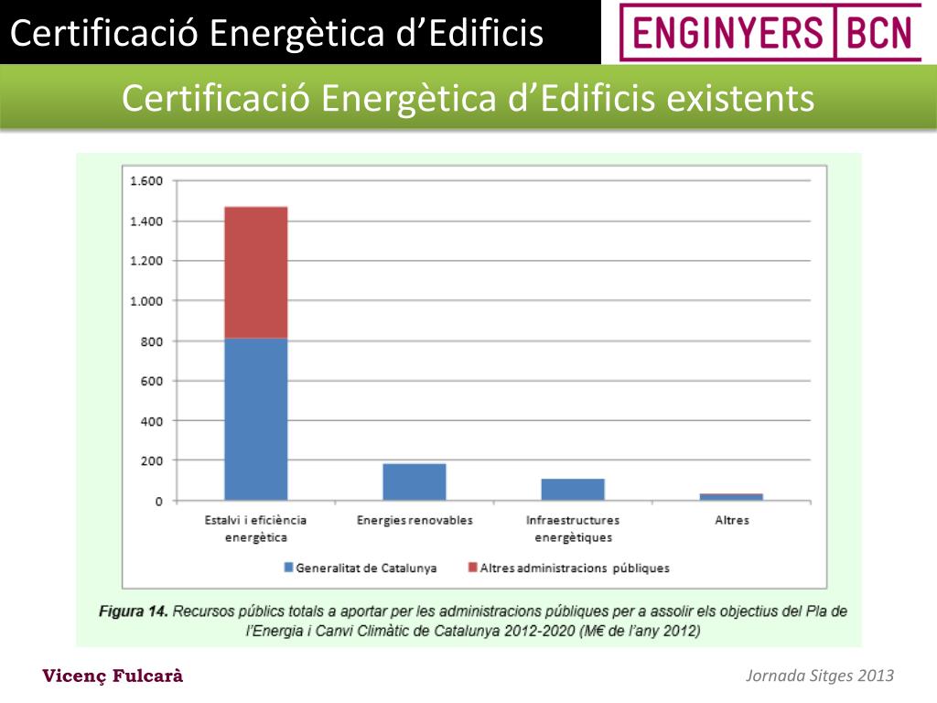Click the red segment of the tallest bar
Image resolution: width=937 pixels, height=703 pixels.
[x=256, y=273]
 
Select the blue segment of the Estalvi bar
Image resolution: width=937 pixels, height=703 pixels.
[x=256, y=419]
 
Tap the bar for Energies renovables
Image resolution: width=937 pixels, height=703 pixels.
[x=415, y=481]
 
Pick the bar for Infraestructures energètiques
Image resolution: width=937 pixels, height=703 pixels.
[x=573, y=490]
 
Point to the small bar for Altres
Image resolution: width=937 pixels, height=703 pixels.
[x=731, y=497]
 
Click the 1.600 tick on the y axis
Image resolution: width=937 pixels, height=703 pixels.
[x=146, y=181]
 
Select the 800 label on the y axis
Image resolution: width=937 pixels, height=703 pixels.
[x=151, y=341]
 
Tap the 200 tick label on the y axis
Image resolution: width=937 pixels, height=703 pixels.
[x=151, y=461]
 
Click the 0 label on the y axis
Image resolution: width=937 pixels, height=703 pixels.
[x=159, y=502]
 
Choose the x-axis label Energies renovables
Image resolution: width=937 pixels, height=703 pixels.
[x=415, y=520]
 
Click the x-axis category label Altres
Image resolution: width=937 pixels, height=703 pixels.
[x=732, y=520]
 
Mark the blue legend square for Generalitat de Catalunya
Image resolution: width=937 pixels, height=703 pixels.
[x=288, y=568]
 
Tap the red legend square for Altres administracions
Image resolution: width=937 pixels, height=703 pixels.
[x=473, y=567]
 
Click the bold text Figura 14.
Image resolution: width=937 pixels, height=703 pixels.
[x=134, y=611]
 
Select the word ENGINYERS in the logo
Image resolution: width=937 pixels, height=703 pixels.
[x=727, y=33]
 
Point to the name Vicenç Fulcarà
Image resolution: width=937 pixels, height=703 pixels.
[x=113, y=676]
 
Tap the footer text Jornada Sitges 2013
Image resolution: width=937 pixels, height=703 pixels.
[x=819, y=676]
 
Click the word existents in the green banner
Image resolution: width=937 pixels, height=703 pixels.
[x=740, y=98]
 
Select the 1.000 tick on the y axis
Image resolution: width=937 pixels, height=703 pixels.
[x=146, y=301]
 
